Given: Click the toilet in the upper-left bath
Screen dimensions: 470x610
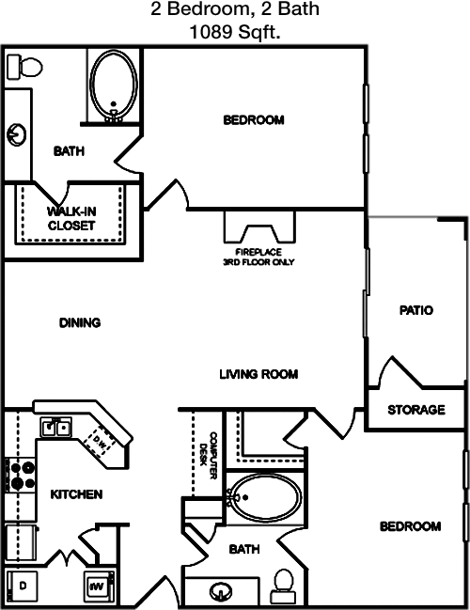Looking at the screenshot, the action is [24, 67].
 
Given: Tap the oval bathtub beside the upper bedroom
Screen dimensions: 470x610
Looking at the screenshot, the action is [114, 85].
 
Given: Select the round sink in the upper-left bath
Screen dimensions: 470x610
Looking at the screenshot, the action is [16, 134].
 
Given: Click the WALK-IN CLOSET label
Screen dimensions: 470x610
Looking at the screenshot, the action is [71, 218].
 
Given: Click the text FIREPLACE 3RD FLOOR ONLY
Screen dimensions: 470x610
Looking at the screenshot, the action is [258, 258].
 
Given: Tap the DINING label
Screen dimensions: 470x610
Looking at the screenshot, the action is [80, 322].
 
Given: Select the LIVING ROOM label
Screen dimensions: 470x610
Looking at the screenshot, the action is [258, 374].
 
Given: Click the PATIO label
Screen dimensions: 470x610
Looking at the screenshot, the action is [416, 310].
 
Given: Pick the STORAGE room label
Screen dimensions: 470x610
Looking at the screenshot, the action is [416, 410].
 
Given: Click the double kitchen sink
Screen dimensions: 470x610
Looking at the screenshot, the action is [56, 428].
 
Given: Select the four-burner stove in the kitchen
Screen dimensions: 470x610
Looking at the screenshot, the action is [20, 476].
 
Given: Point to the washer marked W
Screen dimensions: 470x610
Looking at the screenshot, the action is [99, 586].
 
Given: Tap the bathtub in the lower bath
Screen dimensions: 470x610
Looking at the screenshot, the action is [265, 497].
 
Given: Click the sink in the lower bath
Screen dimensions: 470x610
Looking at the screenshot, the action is [220, 592].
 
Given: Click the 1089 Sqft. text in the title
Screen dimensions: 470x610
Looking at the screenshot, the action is [235, 32].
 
